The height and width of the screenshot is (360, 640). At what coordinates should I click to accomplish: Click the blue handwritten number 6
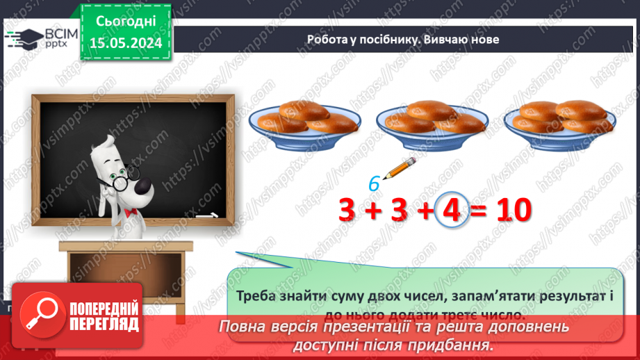[x=374, y=183]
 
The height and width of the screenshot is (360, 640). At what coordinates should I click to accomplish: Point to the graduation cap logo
[x=24, y=36]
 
